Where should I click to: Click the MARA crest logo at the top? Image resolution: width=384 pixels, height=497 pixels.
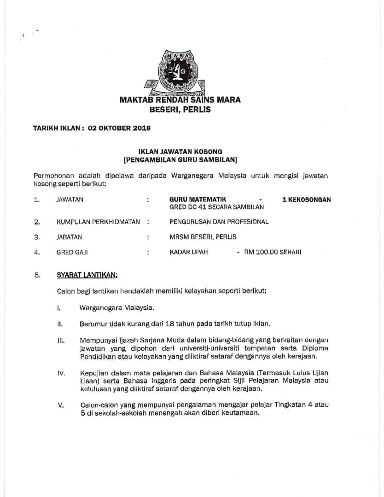[180, 71]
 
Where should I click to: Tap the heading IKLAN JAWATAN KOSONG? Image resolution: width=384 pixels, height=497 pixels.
[180, 151]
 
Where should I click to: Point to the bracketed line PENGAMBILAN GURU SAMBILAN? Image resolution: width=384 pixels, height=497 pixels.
[180, 160]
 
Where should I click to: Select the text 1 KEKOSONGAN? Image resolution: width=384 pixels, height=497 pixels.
[306, 199]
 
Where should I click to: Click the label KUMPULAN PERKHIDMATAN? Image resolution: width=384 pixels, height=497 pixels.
[98, 222]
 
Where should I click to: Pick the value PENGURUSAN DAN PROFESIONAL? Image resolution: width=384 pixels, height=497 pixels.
[219, 222]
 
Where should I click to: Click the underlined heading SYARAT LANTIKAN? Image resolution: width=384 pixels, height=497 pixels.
[87, 275]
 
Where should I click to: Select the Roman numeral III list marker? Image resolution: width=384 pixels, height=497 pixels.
[60, 341]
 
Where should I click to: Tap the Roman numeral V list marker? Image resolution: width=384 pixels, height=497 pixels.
[60, 405]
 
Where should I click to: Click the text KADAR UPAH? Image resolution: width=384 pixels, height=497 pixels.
[189, 252]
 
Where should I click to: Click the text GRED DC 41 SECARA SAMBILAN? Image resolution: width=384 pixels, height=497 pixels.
[216, 207]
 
